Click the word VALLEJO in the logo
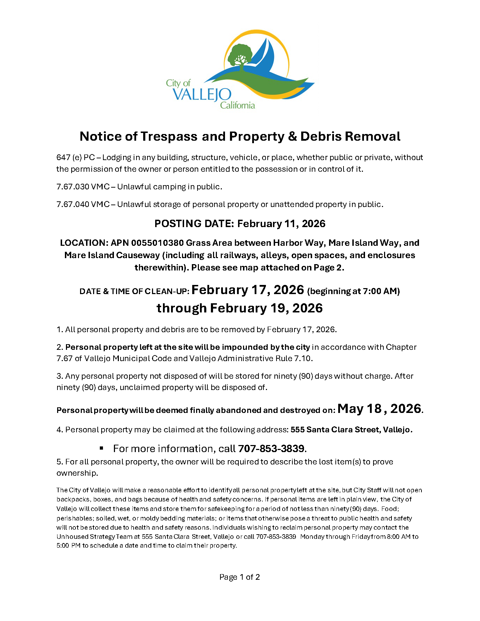tap(202, 95)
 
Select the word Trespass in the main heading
tap(169, 136)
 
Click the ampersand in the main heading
tap(292, 136)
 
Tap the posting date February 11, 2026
tap(281, 224)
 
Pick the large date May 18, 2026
tap(379, 409)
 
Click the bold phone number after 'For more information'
tap(271, 449)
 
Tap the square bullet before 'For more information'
tap(102, 448)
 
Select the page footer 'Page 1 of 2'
tap(239, 577)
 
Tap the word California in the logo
tap(237, 105)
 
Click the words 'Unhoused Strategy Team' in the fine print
tap(98, 537)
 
